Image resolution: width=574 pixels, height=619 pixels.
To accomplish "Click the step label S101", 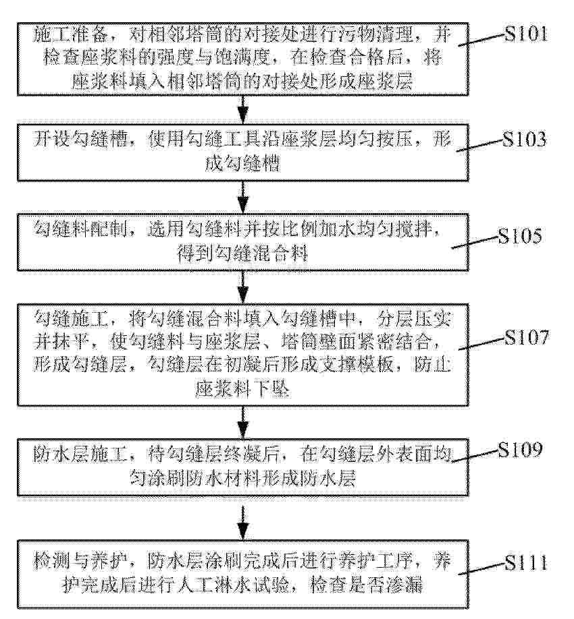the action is click(526, 34).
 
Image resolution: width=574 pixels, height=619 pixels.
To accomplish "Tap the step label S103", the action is click(524, 140).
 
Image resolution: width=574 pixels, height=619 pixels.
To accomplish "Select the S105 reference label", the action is click(519, 237).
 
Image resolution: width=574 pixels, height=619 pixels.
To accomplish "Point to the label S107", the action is click(527, 338).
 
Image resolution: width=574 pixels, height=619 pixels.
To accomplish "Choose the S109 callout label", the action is click(519, 450).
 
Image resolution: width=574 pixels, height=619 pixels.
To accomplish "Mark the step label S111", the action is click(526, 563).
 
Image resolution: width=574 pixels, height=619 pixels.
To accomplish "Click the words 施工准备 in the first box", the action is click(70, 35).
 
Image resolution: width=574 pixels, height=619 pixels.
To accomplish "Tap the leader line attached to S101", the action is click(482, 40).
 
